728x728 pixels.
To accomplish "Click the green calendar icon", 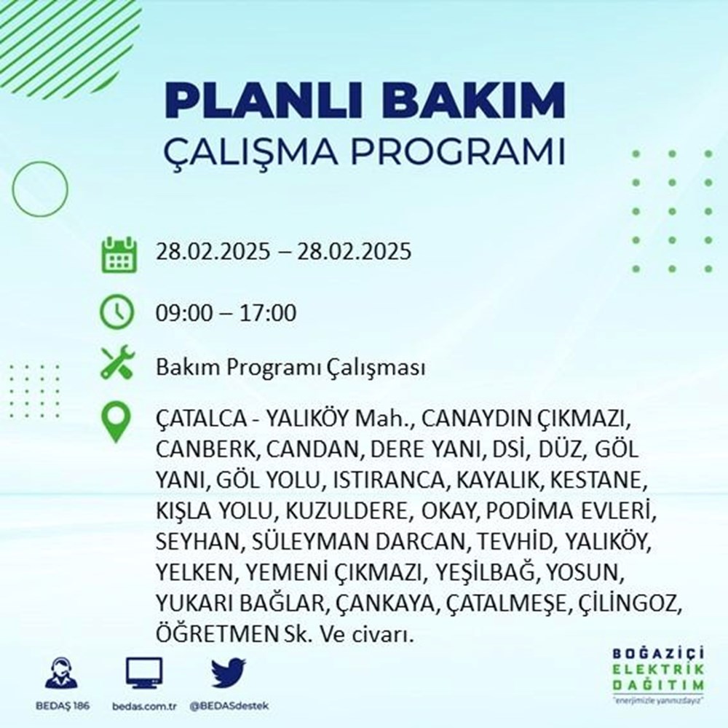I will (x=118, y=253).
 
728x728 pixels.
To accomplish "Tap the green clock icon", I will (x=117, y=313).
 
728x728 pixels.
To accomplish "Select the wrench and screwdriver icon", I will (x=117, y=366).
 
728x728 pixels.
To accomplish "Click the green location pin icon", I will (x=117, y=423).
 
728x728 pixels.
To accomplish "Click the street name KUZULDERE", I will (x=341, y=511).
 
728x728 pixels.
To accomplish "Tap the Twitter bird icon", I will (x=229, y=673).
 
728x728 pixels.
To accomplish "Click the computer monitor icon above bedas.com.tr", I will (x=144, y=673).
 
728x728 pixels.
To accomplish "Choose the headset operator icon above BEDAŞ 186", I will (x=61, y=673).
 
